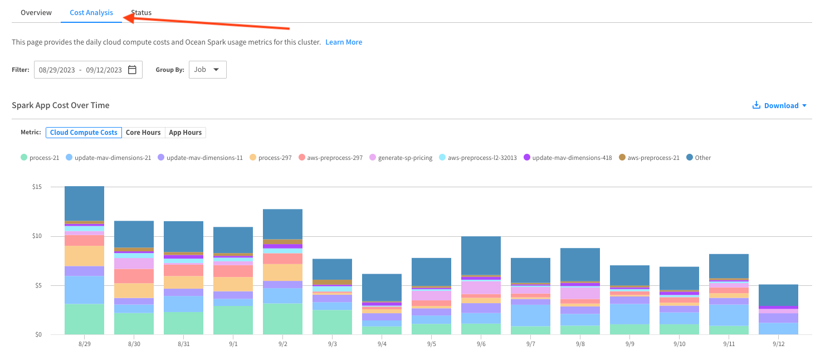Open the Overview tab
36,12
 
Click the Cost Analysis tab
91,12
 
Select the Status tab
141,12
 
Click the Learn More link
344,42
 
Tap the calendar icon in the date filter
132,70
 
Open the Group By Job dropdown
207,70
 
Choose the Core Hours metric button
143,133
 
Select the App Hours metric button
185,133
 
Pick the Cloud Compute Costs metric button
84,133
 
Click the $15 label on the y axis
37,187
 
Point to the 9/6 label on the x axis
481,344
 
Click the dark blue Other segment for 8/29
84,203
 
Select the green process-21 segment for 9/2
282,319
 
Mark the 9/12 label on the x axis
778,344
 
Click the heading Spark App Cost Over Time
61,105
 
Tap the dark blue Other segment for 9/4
382,287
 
